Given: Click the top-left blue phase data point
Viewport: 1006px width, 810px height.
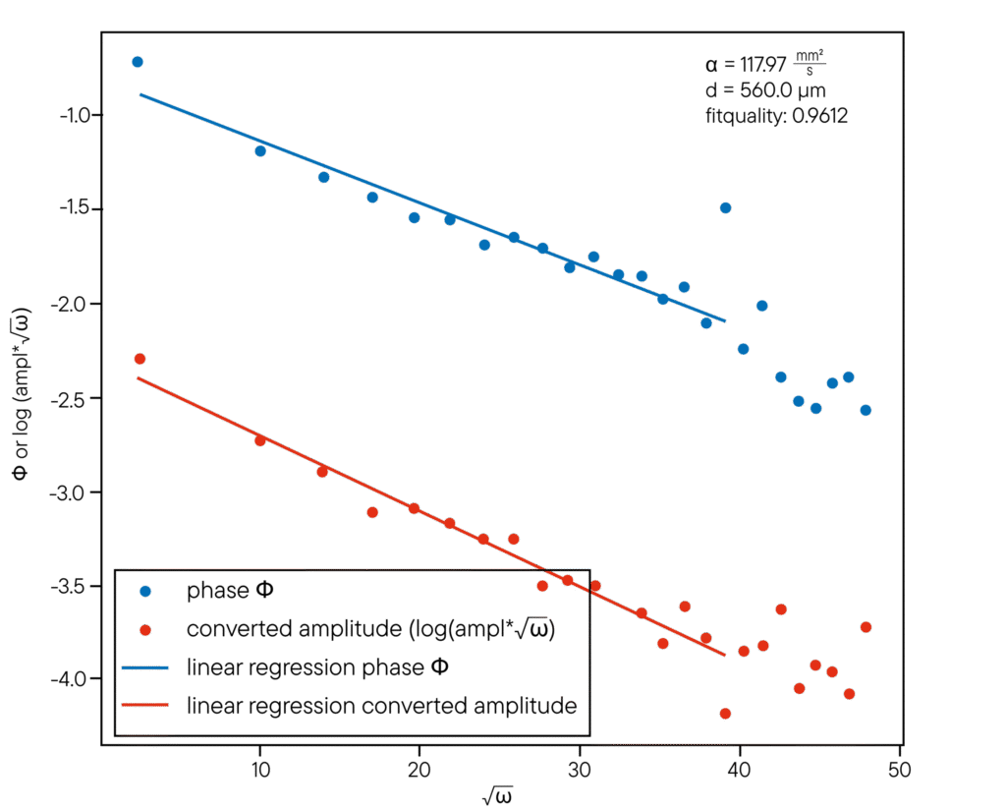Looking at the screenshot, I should coord(138,62).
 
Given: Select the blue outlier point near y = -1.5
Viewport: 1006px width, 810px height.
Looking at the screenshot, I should coord(725,207).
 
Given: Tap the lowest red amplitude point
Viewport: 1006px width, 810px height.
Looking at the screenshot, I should coord(725,714).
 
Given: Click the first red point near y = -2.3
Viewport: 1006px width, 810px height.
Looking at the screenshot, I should coord(139,359).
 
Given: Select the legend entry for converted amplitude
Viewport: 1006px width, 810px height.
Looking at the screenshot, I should coord(371,629).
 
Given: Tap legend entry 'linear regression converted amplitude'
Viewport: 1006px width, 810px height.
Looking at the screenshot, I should coord(380,706).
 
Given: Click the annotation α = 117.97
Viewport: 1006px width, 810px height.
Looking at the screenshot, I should coord(765,67).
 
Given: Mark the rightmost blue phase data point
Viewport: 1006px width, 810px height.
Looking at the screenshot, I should coord(866,410).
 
